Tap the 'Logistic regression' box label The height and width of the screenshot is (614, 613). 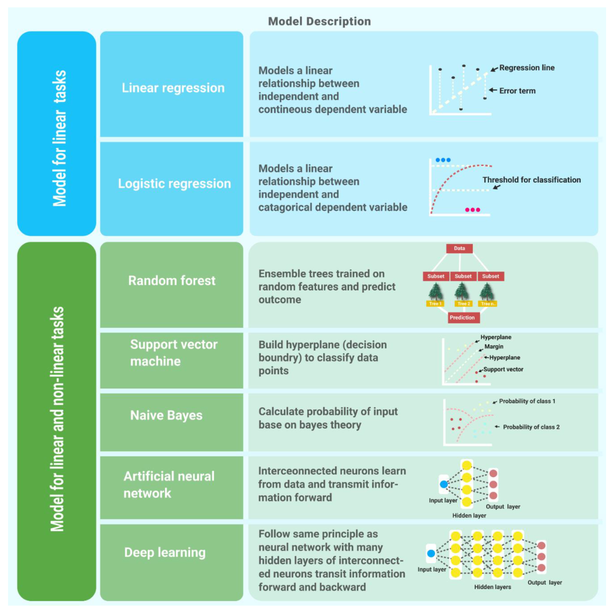click(x=174, y=184)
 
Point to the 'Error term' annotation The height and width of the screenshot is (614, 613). click(x=517, y=91)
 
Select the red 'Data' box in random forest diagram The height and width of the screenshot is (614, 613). click(x=459, y=248)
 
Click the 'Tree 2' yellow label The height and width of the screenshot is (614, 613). click(x=463, y=303)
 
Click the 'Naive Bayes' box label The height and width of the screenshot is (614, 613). click(x=166, y=415)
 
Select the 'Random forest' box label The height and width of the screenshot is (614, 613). click(x=172, y=281)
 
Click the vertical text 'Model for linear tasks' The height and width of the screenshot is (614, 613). click(x=59, y=138)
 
